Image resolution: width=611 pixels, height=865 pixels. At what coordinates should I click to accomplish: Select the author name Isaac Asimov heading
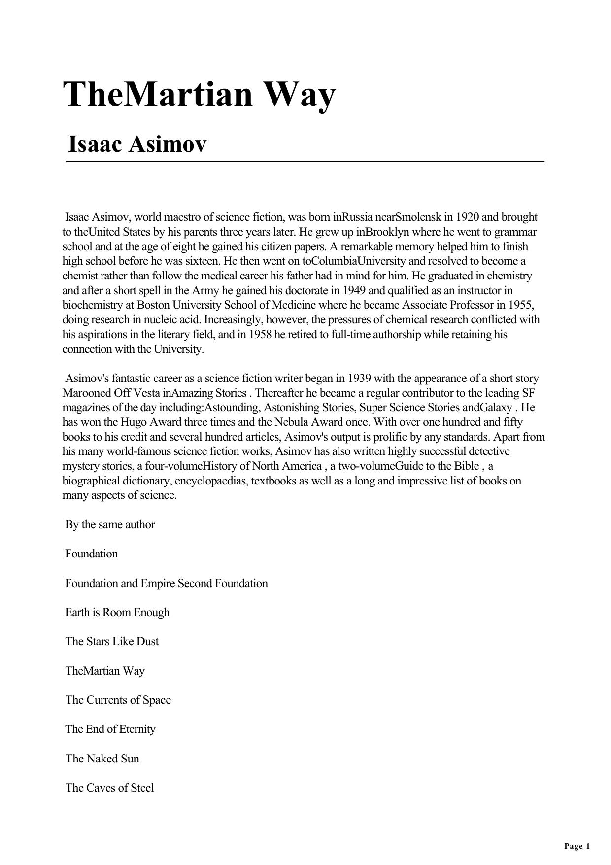(x=137, y=144)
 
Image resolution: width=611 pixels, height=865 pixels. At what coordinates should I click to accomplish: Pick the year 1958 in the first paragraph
(x=260, y=334)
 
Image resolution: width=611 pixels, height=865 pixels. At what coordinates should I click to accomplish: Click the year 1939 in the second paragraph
(x=359, y=378)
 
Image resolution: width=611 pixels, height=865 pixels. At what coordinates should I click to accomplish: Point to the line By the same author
(x=110, y=524)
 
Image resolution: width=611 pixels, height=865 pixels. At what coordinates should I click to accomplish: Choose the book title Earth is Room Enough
(x=117, y=612)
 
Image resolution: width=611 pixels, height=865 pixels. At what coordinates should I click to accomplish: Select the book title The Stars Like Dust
(x=112, y=641)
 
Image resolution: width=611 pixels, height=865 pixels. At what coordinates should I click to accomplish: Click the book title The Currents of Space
(x=118, y=700)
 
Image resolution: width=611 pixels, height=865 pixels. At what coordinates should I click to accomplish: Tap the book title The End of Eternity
(x=110, y=729)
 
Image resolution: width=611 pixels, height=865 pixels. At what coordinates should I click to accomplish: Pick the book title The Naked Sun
(x=102, y=759)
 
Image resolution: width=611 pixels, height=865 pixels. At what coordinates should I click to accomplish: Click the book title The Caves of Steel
(x=109, y=788)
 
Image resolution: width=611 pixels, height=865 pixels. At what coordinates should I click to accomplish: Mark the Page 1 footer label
(x=577, y=846)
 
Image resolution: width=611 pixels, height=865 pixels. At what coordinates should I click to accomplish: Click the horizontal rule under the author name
(x=305, y=161)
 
